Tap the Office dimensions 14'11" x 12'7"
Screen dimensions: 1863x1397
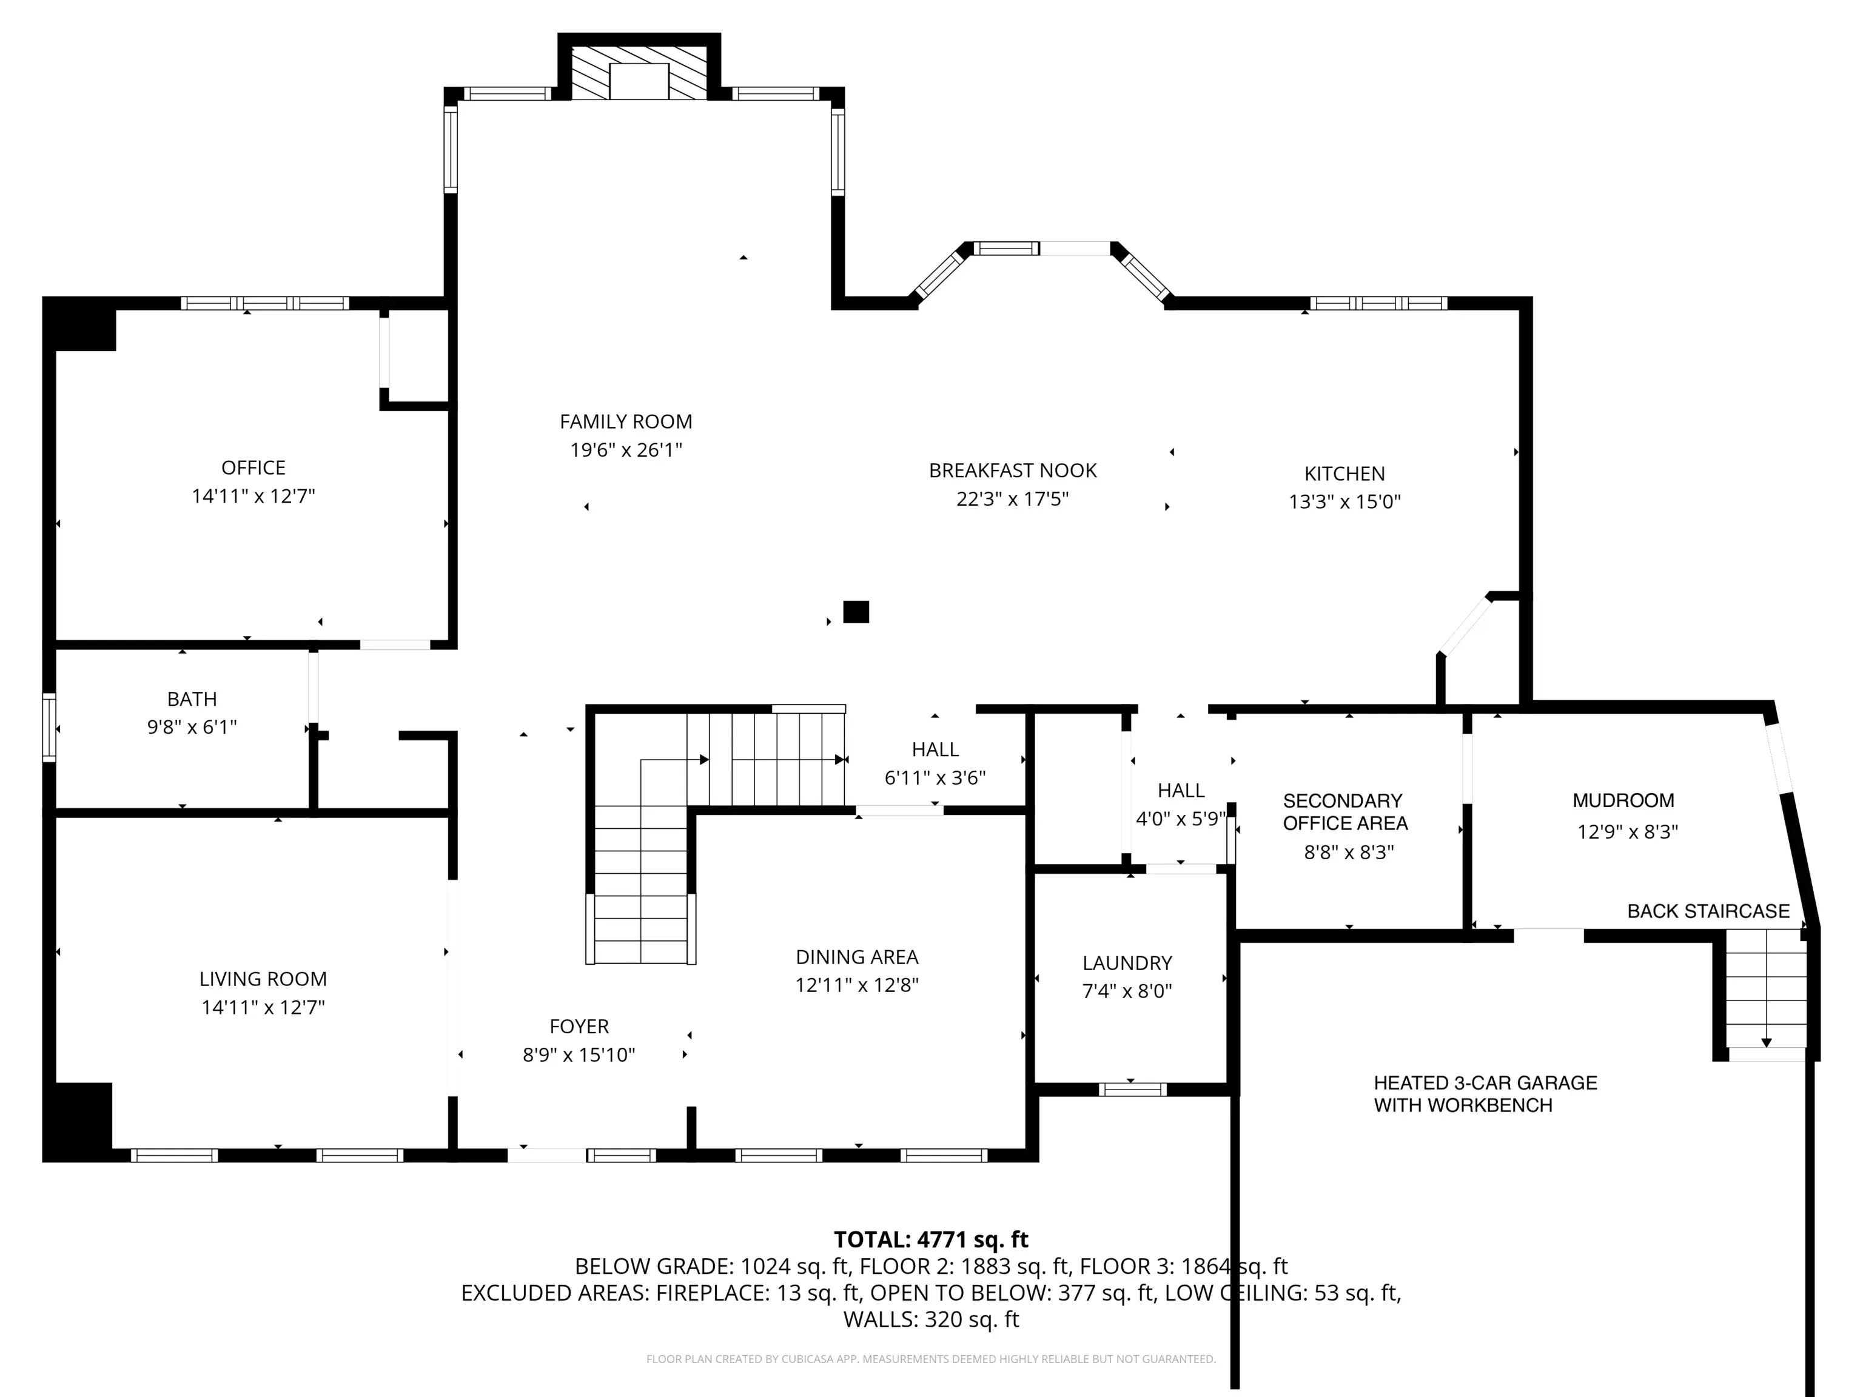pos(253,496)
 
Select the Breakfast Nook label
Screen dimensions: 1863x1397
pos(1012,471)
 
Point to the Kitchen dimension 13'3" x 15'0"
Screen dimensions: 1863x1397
pos(1344,502)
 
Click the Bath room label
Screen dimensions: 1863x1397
pos(192,699)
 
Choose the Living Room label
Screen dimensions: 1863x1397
pos(263,979)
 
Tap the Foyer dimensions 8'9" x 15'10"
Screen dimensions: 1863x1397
pos(579,1055)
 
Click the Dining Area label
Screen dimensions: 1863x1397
pos(856,957)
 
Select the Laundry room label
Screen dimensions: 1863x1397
pos(1127,963)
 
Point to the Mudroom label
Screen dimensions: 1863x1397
pos(1623,801)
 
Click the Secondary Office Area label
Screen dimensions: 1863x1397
pos(1344,812)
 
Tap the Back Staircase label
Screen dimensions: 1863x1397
pos(1708,911)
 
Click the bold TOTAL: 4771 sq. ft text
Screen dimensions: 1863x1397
pos(931,1239)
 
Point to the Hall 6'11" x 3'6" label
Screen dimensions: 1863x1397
pos(935,764)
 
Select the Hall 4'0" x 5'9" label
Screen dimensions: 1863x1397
pos(1181,804)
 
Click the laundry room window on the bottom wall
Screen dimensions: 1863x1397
pos(1132,1090)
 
